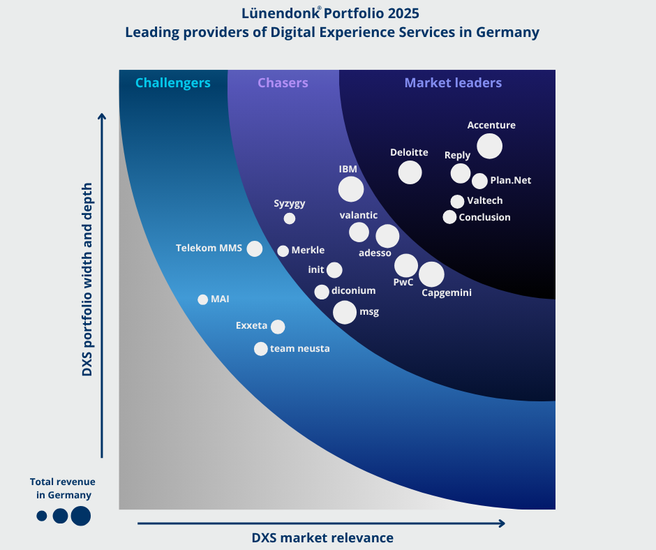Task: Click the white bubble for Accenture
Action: (489, 146)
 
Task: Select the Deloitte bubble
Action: (410, 172)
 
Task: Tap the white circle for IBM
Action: (350, 188)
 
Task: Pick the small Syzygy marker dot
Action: (290, 218)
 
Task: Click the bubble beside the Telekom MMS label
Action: (255, 248)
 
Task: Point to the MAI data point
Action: (203, 299)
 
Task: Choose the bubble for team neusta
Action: (260, 348)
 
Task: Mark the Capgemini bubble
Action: (431, 274)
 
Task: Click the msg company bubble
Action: (344, 312)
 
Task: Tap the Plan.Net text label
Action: (511, 180)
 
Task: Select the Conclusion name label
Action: (484, 217)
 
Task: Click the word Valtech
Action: (485, 200)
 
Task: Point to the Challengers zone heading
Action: (172, 83)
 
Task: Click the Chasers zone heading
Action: (283, 83)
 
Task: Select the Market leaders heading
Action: (453, 83)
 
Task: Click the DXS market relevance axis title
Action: (322, 537)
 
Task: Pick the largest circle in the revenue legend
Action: (80, 516)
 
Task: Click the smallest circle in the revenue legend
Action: (42, 516)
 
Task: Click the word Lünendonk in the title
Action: (275, 13)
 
